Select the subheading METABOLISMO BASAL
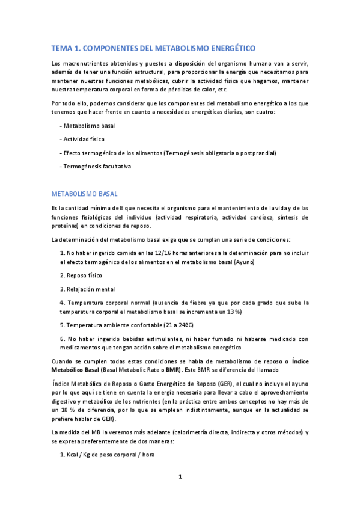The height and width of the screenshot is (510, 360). click(85, 194)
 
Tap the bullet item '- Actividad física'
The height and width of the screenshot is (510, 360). click(82, 139)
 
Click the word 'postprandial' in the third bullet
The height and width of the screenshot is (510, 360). click(258, 153)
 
